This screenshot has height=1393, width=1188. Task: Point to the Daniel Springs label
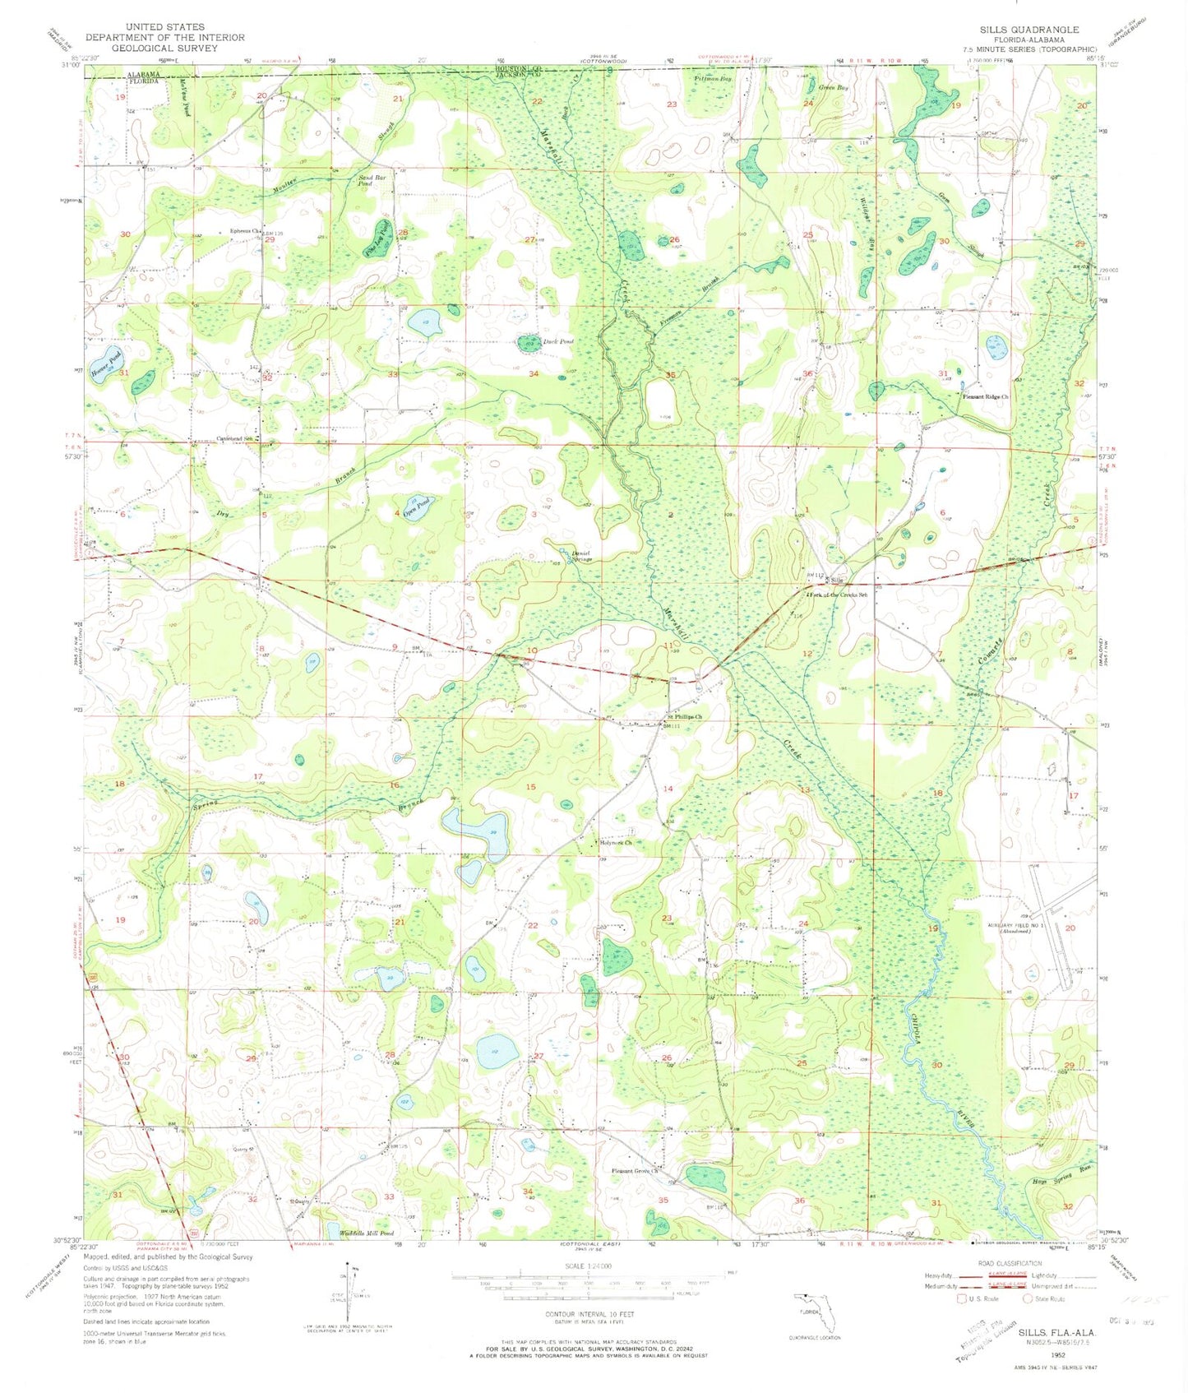[580, 557]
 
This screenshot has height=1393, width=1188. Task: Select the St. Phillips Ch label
[685, 716]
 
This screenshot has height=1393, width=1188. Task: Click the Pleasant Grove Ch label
[636, 1171]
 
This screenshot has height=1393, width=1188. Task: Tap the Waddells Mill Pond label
[366, 1233]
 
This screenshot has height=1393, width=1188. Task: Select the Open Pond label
[417, 506]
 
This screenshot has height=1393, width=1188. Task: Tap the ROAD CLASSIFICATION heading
[1010, 1263]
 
